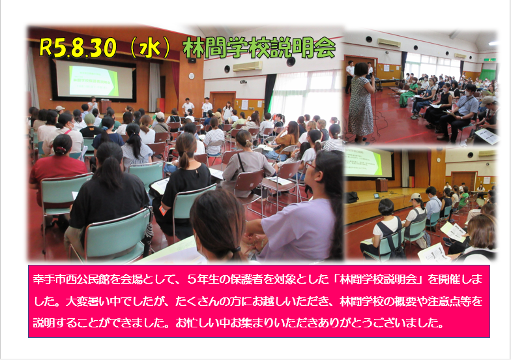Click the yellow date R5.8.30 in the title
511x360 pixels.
click(78, 48)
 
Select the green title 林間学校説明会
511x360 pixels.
click(259, 48)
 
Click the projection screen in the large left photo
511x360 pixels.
click(93, 80)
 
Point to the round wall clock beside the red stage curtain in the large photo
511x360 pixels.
click(192, 76)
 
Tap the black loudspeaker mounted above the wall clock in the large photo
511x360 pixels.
click(192, 60)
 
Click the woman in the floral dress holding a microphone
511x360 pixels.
click(361, 103)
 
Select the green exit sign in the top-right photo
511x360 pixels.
click(489, 60)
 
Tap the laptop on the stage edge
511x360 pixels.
click(377, 196)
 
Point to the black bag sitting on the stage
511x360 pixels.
click(352, 197)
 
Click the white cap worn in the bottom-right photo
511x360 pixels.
click(415, 196)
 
